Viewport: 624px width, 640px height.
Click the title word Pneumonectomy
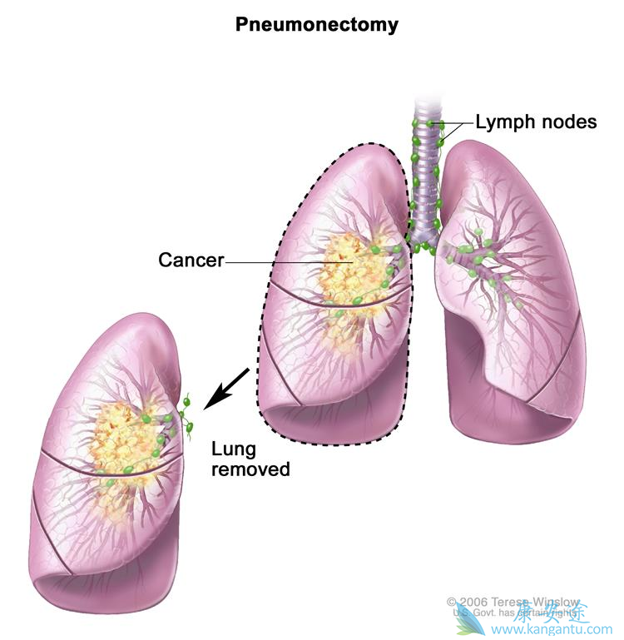[316, 25]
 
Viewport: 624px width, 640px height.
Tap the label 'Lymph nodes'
[536, 122]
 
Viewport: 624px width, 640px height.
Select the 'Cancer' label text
[191, 260]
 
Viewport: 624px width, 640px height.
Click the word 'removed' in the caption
[250, 469]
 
